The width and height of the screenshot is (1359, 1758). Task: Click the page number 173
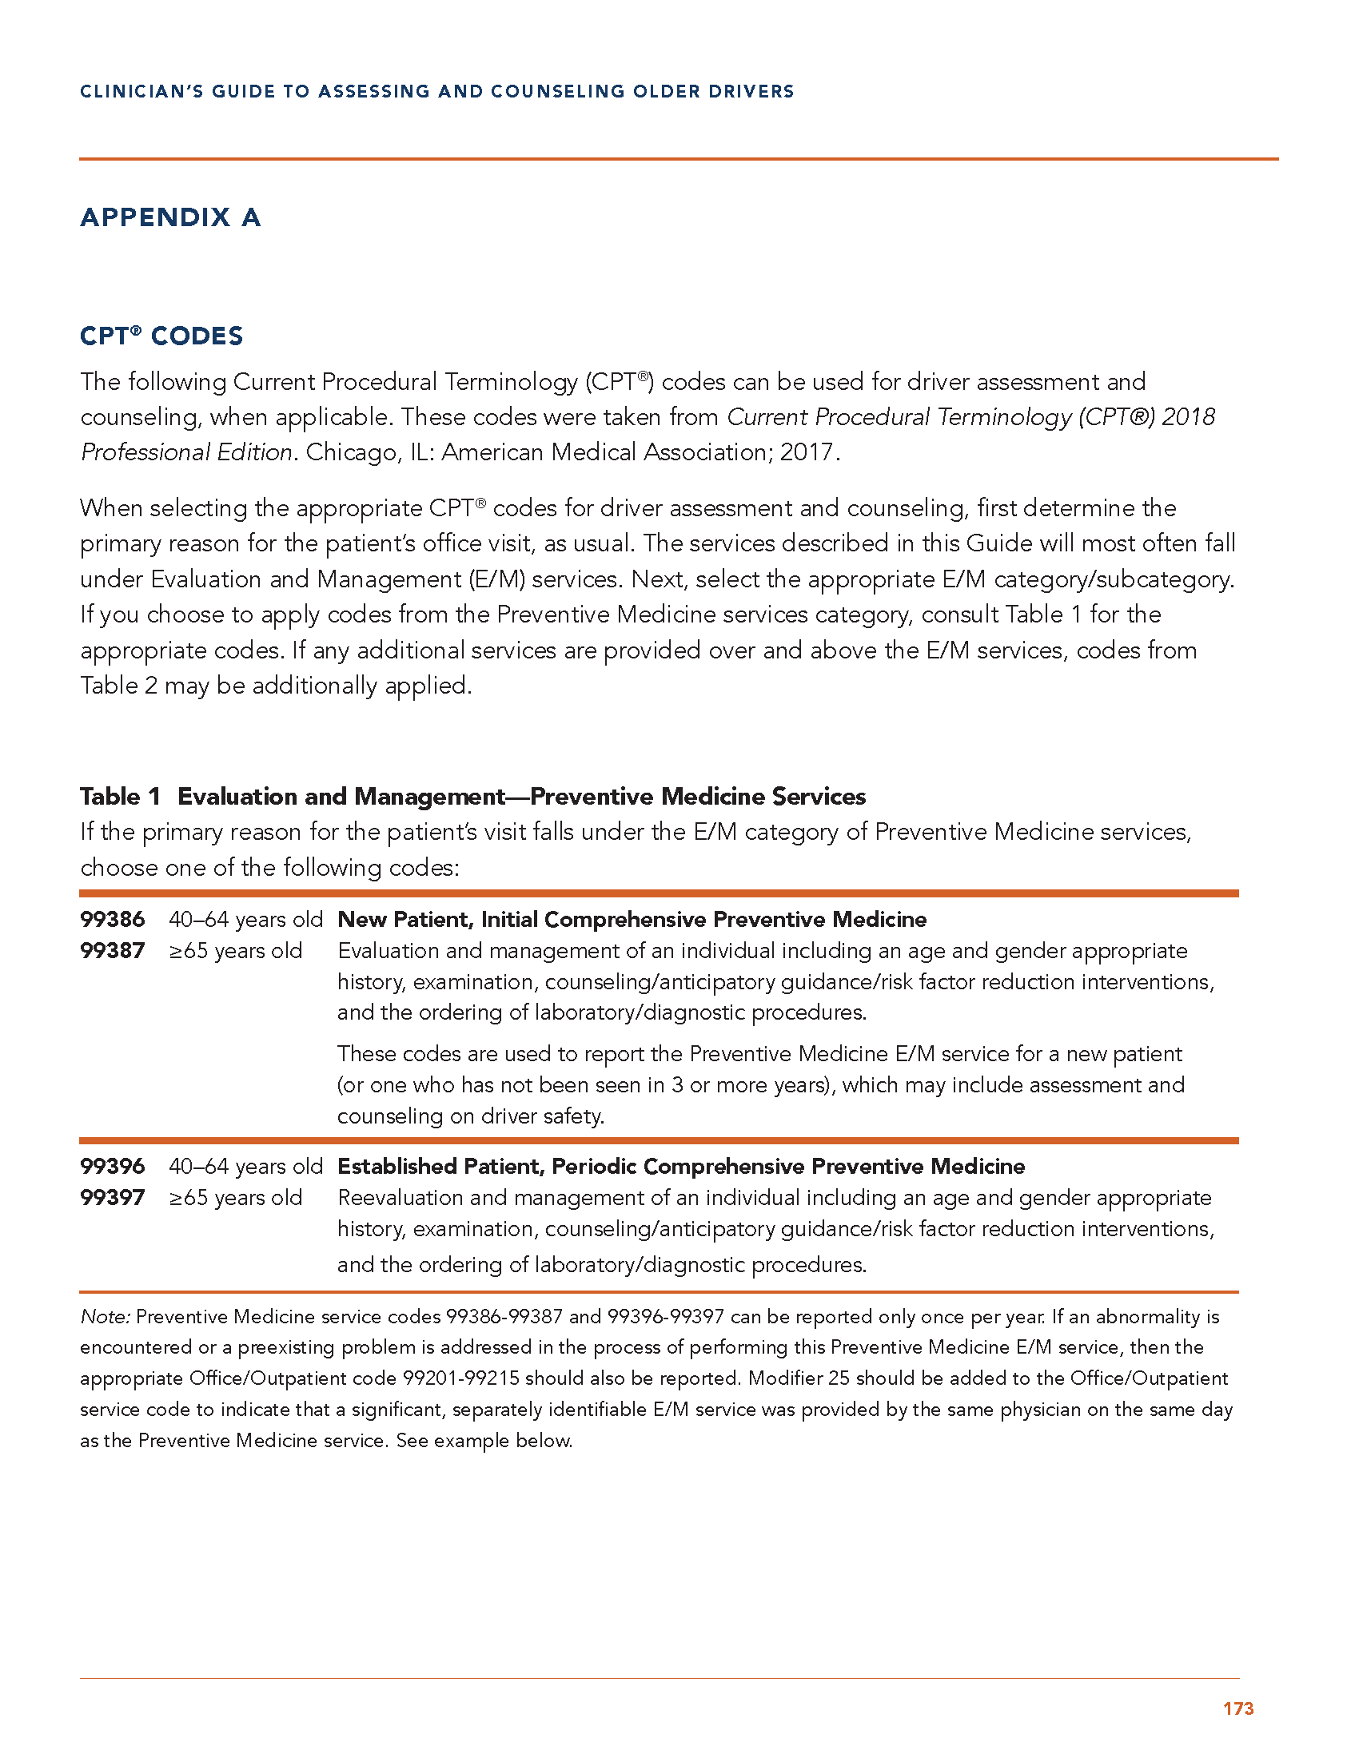coord(1237,1708)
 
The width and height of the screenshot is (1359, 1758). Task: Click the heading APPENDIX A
coord(169,217)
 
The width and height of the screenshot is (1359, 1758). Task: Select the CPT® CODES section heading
coord(161,336)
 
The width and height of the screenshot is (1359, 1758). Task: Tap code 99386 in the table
coord(113,919)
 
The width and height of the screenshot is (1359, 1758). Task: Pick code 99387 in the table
coord(113,951)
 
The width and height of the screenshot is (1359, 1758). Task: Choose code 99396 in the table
coord(113,1167)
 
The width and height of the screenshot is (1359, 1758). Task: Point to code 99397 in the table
coord(113,1198)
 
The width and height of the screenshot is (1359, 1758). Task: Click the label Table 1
coord(120,796)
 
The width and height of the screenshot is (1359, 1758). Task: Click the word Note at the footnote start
coord(105,1317)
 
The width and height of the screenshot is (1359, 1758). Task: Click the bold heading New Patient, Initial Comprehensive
coord(632,919)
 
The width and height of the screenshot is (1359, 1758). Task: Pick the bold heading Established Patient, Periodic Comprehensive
coord(681,1167)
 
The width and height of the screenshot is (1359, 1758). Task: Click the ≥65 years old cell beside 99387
coord(235,951)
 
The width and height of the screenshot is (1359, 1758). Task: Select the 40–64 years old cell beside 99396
coord(245,1167)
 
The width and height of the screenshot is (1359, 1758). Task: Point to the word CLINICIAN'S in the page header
coord(141,92)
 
